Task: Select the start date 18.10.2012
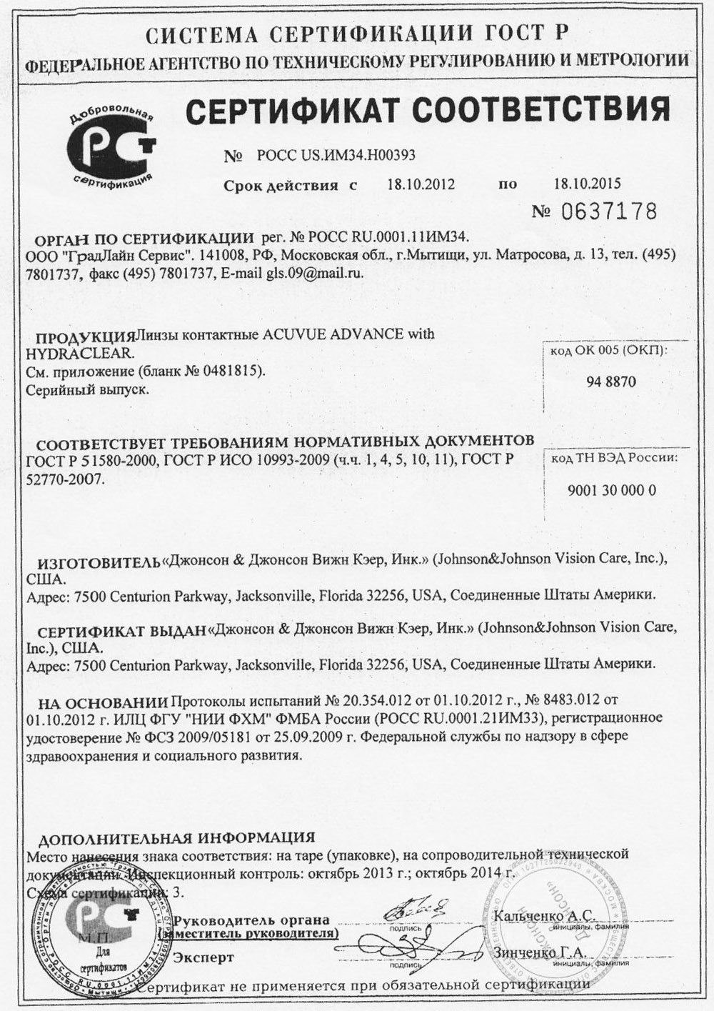coord(421,184)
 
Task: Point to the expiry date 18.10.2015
coord(588,183)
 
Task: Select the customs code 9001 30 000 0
coord(612,490)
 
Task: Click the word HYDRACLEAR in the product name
coord(79,353)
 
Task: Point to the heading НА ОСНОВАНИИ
coord(104,702)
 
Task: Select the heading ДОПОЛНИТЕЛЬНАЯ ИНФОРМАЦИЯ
coord(176,837)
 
